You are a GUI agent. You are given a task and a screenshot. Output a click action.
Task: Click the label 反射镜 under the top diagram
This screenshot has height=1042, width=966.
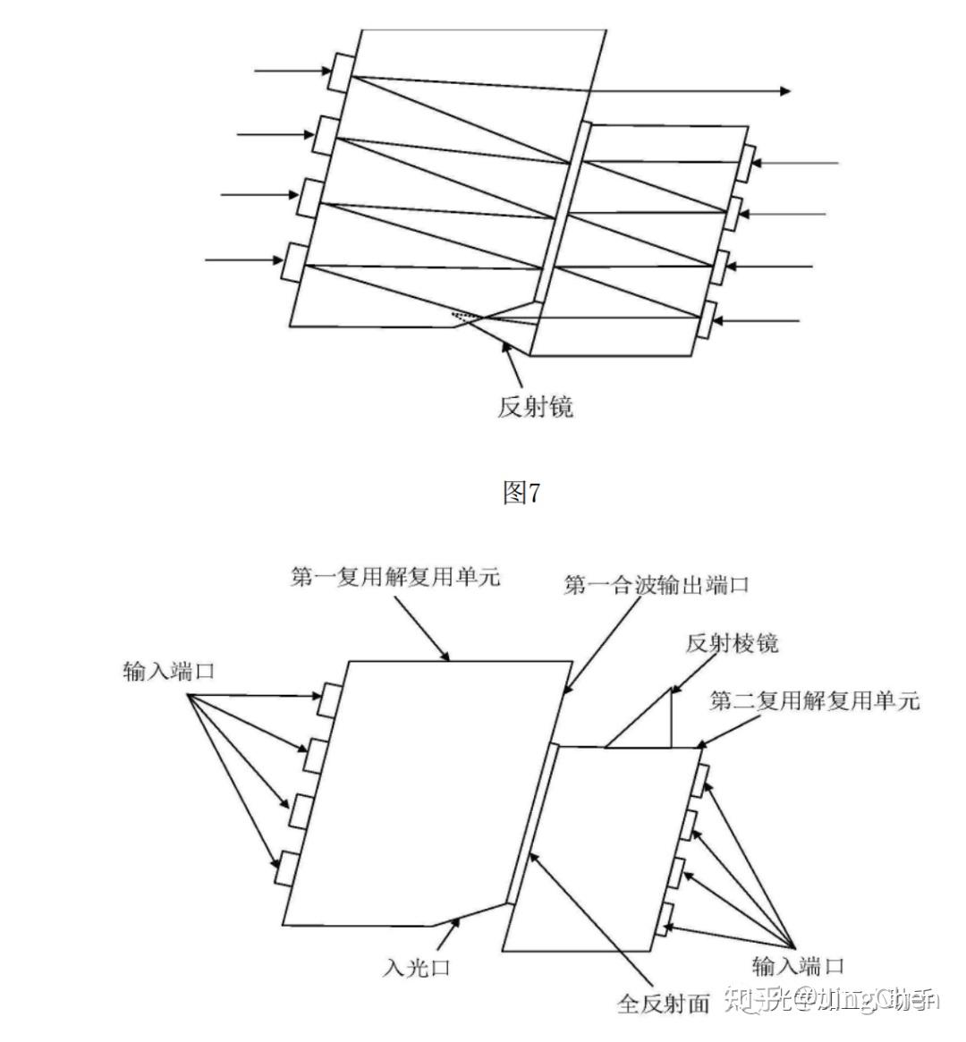click(x=535, y=407)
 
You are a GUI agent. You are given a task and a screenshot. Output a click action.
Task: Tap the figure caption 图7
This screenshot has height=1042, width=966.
click(x=521, y=492)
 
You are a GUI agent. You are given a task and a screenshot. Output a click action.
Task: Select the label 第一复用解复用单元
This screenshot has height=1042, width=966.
click(x=395, y=578)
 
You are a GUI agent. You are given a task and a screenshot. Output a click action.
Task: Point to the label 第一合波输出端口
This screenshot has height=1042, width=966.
click(x=656, y=586)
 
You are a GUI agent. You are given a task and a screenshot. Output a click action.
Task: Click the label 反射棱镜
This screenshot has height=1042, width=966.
click(x=732, y=643)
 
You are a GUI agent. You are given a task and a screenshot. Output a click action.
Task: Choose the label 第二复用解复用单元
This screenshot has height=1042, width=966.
click(x=814, y=700)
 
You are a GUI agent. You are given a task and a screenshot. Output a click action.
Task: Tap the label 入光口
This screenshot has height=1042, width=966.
click(x=418, y=967)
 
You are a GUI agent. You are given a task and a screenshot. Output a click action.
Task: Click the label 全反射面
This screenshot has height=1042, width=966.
click(x=663, y=1004)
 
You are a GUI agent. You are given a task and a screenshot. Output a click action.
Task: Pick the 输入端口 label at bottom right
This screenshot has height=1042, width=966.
click(x=798, y=966)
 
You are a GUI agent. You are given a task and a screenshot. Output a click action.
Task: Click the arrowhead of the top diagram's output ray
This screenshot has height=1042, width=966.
click(x=784, y=90)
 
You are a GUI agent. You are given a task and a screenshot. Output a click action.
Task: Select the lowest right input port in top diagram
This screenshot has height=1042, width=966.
click(x=708, y=319)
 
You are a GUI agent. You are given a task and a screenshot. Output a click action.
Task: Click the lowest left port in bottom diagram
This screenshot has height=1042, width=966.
click(x=285, y=868)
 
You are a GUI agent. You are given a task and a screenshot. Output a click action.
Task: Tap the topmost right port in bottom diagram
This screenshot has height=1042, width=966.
click(x=702, y=778)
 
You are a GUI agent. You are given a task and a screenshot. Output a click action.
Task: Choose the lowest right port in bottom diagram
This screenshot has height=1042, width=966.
click(x=665, y=919)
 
